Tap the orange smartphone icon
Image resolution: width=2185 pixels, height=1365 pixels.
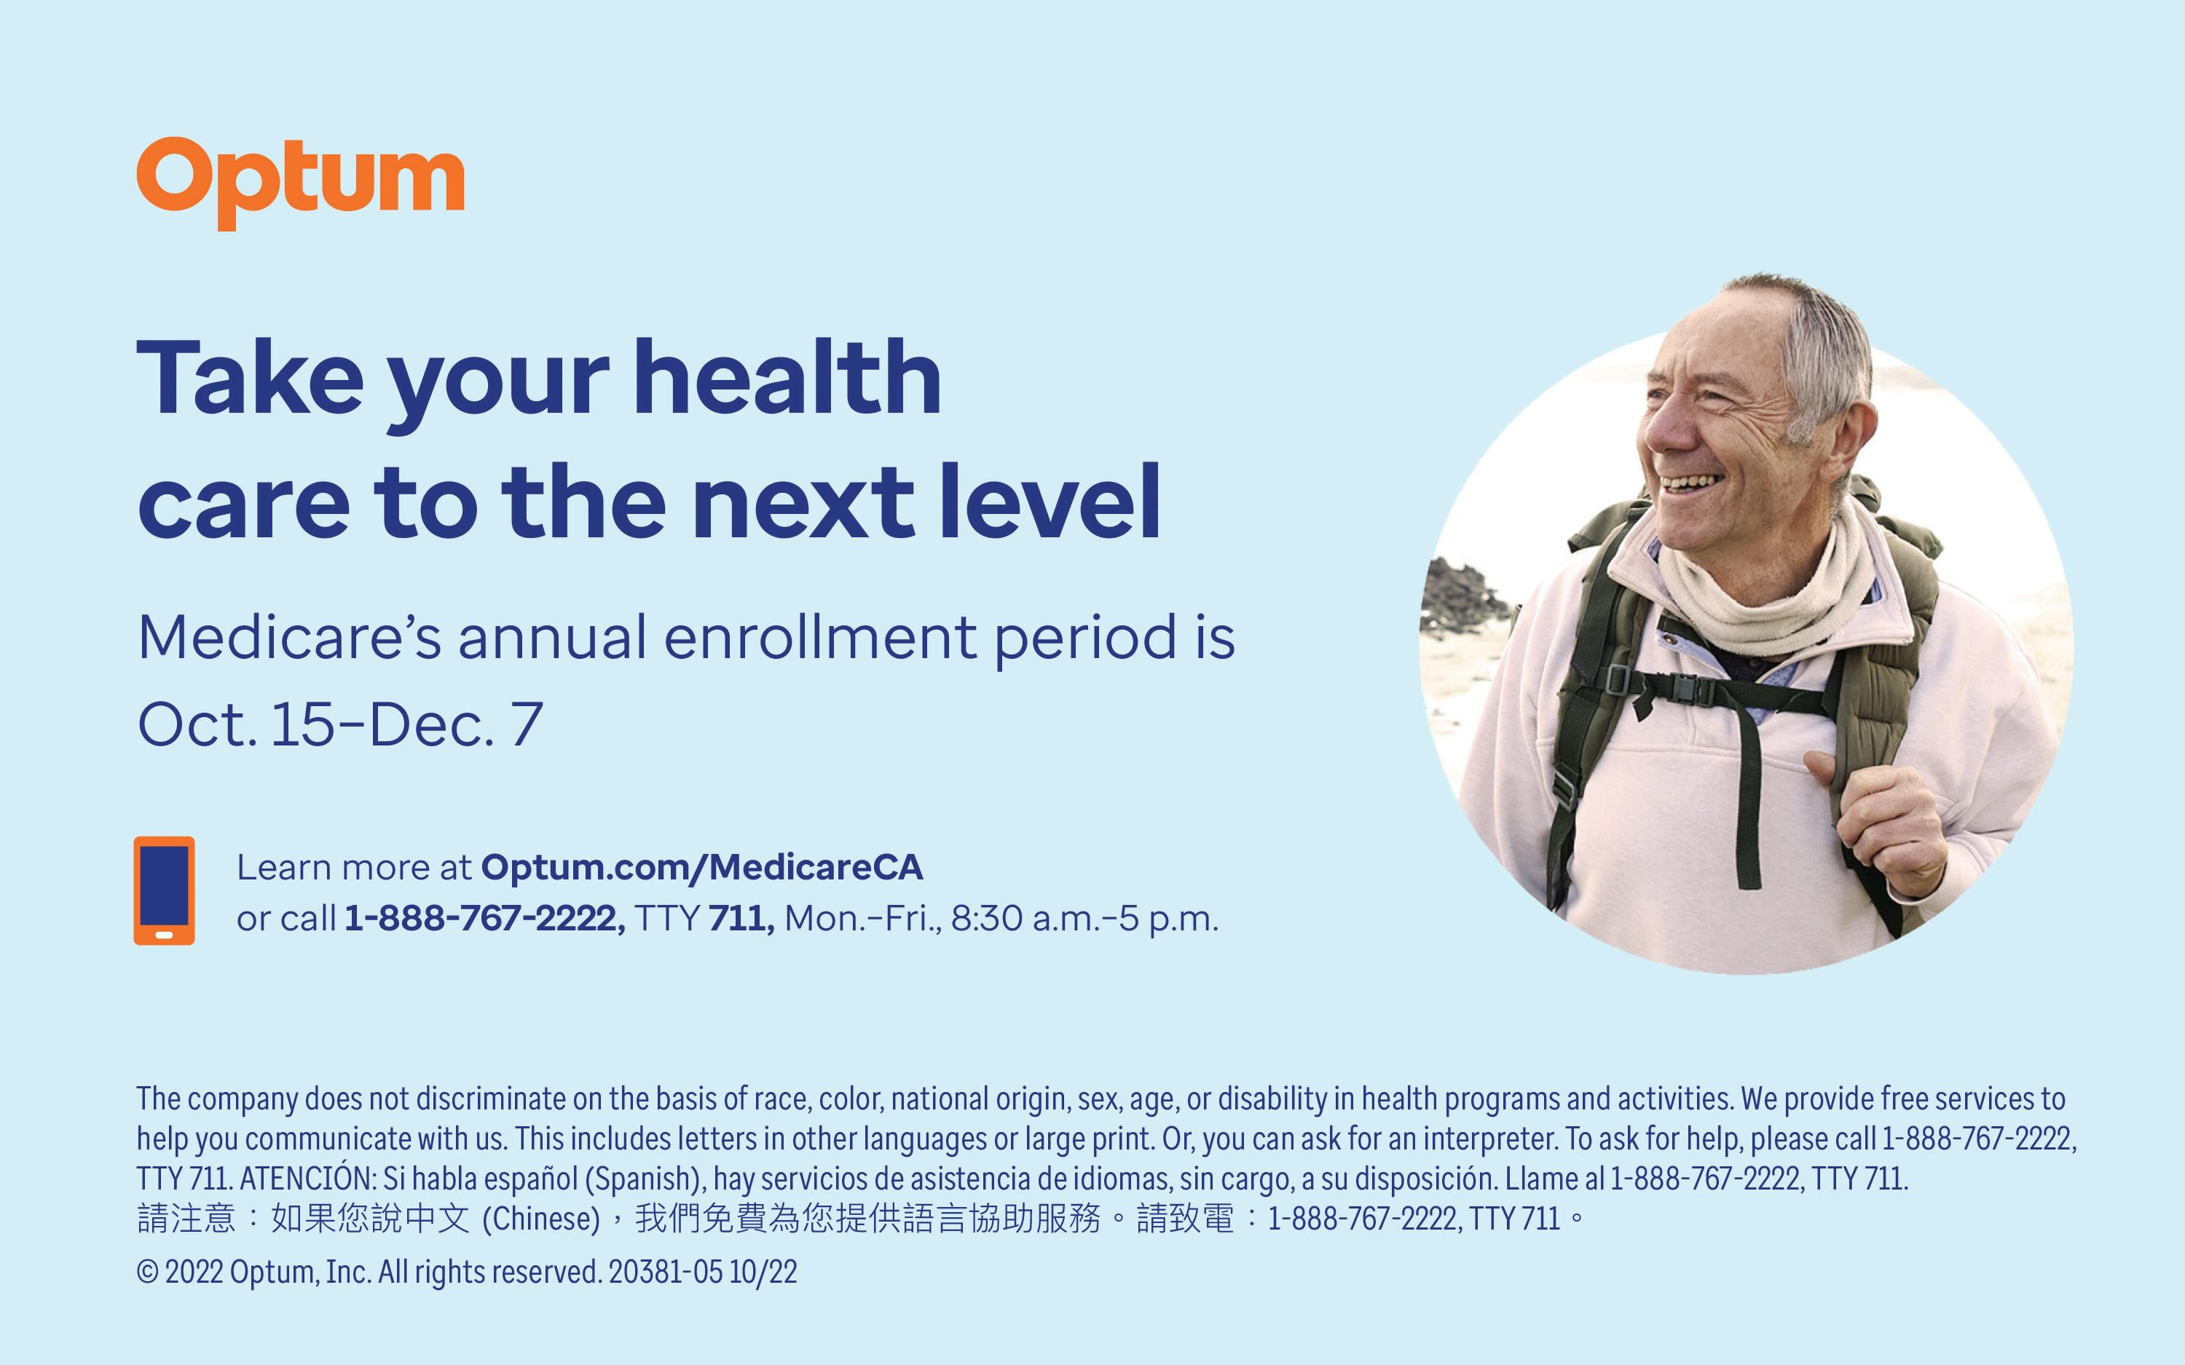point(165,890)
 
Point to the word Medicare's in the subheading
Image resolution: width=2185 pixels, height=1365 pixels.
point(290,637)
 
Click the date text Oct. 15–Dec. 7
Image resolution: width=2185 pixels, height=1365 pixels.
point(340,724)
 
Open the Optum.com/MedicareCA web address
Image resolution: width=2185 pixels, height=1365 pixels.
point(701,868)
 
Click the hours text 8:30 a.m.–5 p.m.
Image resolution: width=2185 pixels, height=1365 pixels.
point(1084,919)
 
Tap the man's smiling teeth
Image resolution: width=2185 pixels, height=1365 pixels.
point(1692,483)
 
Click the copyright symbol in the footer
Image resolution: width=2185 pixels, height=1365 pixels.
point(147,1272)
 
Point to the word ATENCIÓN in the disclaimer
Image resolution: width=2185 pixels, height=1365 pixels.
point(307,1178)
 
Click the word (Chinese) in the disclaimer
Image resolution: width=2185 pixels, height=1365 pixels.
point(541,1219)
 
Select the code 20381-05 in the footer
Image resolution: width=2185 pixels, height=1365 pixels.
point(666,1272)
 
